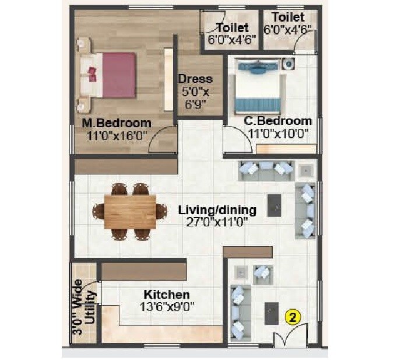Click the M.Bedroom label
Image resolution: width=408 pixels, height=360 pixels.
117,123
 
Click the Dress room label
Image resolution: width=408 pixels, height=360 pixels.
195,79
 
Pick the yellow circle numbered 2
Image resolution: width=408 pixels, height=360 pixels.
293,317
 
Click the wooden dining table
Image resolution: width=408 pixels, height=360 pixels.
130,211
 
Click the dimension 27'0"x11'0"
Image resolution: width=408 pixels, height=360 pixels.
217,222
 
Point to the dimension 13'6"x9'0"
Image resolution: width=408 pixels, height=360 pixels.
167,306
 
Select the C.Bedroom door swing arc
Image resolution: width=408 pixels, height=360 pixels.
234,142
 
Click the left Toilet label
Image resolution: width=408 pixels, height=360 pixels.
232,27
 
